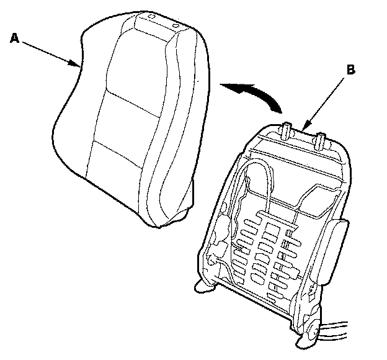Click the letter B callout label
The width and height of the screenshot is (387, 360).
coord(351,70)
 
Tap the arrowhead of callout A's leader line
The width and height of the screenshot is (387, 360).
coord(78,65)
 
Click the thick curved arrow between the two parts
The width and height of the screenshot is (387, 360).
coord(251,93)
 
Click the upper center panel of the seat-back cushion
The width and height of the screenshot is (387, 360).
coord(136,62)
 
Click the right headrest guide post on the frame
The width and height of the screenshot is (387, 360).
coord(322,139)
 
